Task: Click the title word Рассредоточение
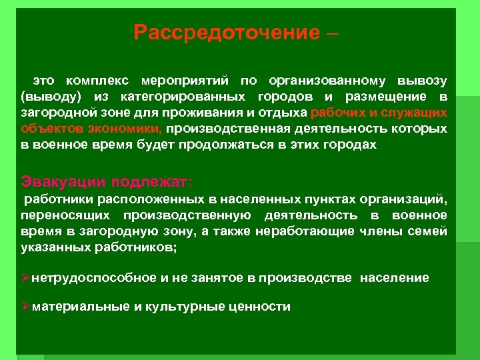[227, 33]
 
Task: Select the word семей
[431, 231]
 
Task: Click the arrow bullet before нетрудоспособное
[26, 277]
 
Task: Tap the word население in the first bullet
[395, 277]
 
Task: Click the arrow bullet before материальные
[26, 307]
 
